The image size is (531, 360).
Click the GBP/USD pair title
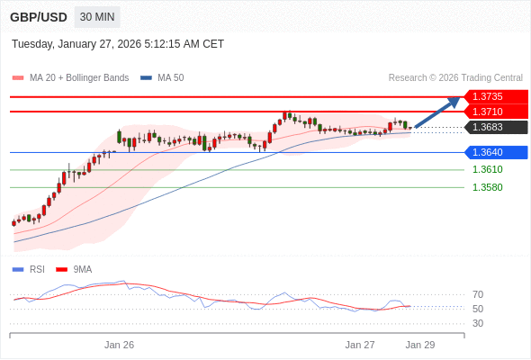click(37, 17)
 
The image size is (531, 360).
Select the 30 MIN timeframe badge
click(97, 17)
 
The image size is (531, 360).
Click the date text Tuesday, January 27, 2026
click(118, 44)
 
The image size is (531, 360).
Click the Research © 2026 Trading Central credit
click(455, 78)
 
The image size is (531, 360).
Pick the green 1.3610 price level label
click(487, 169)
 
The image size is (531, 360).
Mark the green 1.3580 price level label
click(487, 187)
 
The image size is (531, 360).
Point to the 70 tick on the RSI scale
click(478, 294)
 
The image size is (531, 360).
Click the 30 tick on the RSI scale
click(478, 323)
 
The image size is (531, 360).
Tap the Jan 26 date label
click(119, 345)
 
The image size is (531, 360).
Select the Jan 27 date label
click(360, 345)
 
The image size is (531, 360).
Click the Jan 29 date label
click(420, 345)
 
